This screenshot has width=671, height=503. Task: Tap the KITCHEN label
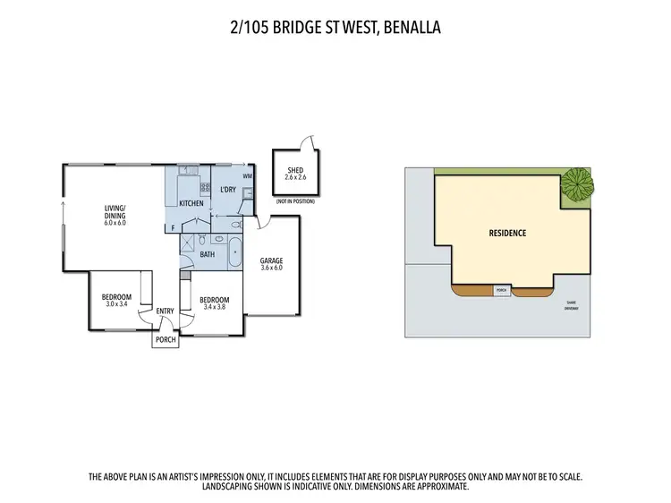pyautogui.click(x=191, y=204)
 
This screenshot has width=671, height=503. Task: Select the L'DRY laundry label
pyautogui.click(x=227, y=190)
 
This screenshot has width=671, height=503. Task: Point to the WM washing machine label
pyautogui.click(x=248, y=177)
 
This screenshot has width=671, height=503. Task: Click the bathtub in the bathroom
pyautogui.click(x=235, y=252)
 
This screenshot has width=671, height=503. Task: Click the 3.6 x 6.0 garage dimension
pyautogui.click(x=271, y=267)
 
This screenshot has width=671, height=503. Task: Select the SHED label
pyautogui.click(x=295, y=170)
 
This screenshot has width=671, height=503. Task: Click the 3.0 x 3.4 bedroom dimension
pyautogui.click(x=116, y=305)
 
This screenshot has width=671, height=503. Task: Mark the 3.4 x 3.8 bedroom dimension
pyautogui.click(x=215, y=307)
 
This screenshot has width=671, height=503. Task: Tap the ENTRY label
pyautogui.click(x=166, y=311)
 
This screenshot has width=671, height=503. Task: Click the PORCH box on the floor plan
pyautogui.click(x=166, y=340)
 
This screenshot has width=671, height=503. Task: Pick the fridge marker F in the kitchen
pyautogui.click(x=174, y=229)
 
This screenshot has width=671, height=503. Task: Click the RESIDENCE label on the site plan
pyautogui.click(x=507, y=233)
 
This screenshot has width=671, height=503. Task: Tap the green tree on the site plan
pyautogui.click(x=577, y=185)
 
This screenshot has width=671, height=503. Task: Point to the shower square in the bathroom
pyautogui.click(x=190, y=243)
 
